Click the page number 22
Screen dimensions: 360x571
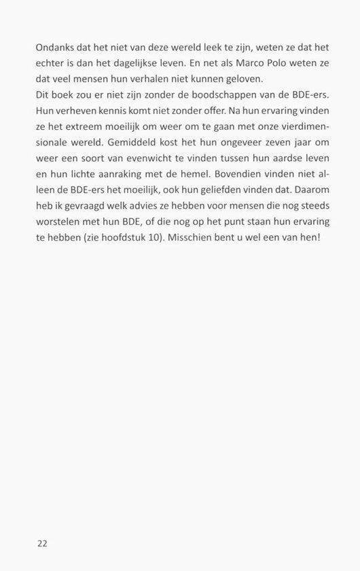tap(42, 543)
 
